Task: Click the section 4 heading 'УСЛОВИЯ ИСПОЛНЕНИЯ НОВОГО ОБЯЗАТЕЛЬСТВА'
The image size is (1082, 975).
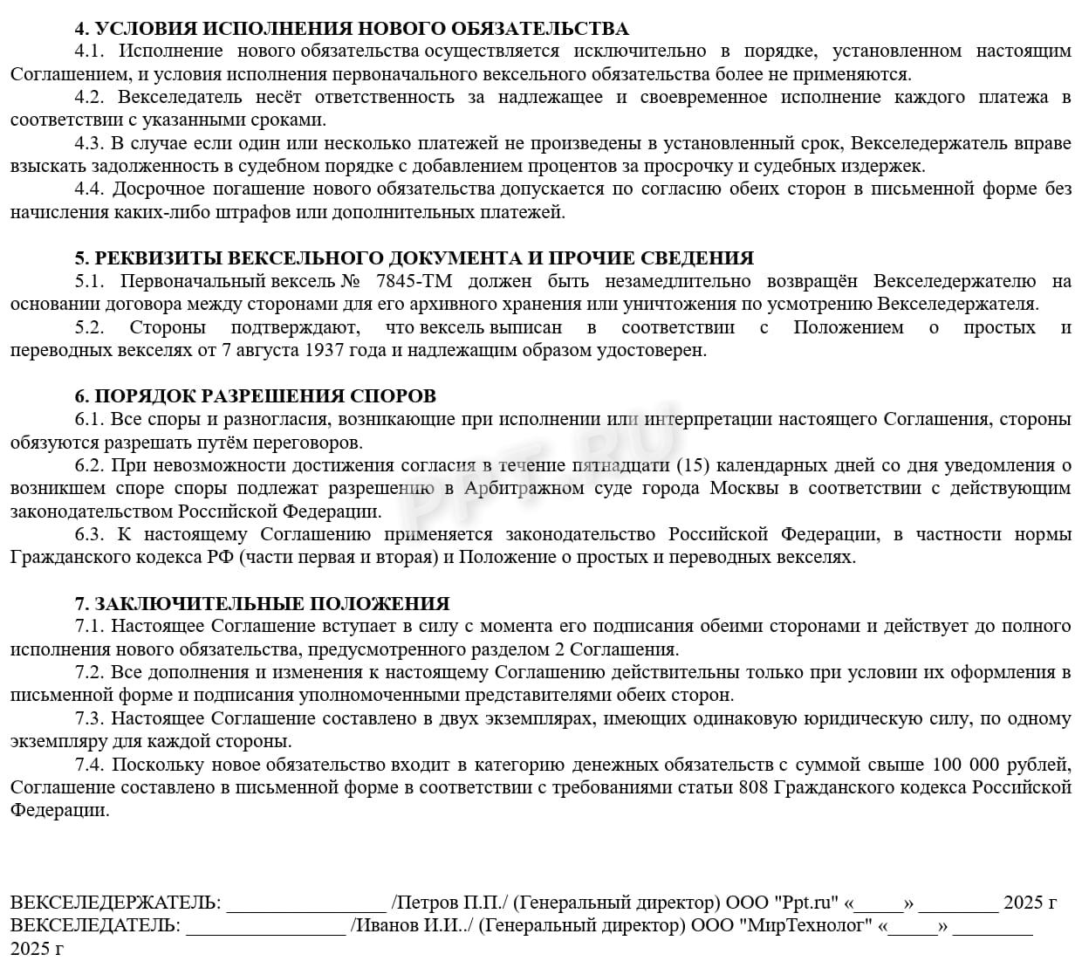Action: [x=361, y=29]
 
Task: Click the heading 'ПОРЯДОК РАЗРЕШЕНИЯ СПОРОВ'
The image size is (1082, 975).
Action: [x=265, y=396]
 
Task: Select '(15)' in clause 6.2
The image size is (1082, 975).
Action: [x=693, y=464]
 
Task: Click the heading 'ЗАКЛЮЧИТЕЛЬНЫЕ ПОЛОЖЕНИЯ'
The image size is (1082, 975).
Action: [x=272, y=603]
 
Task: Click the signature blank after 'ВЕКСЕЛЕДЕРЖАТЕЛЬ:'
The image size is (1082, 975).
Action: [x=305, y=904]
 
